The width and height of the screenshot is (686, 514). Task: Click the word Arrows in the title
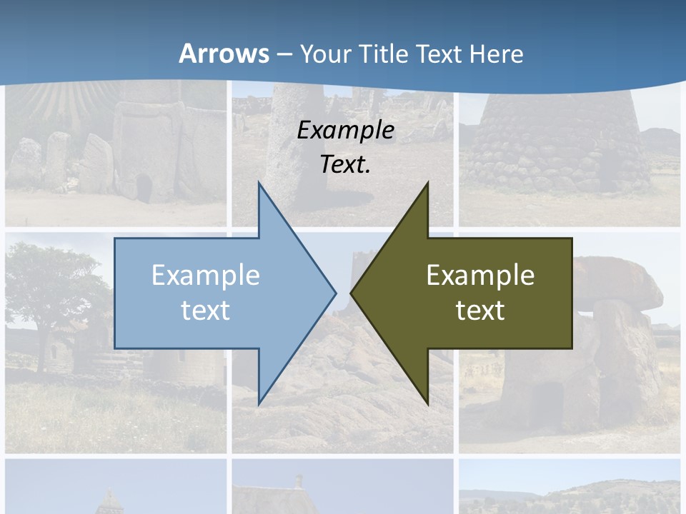(x=224, y=54)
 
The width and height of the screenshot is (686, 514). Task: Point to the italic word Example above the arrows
(x=345, y=130)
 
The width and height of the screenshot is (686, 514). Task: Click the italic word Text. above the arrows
(x=345, y=164)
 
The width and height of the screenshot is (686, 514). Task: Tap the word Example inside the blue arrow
(x=206, y=275)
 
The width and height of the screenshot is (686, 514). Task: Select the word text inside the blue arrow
(x=206, y=310)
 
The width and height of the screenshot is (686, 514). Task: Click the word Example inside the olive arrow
(x=480, y=275)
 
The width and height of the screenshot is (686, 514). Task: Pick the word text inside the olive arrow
(x=480, y=310)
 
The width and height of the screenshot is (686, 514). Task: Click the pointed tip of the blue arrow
(x=334, y=292)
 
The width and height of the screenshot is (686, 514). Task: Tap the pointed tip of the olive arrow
(x=352, y=292)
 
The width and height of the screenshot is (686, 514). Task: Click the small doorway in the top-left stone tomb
(x=144, y=188)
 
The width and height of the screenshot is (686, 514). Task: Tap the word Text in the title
(x=439, y=54)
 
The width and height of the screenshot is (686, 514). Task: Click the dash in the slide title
(x=284, y=54)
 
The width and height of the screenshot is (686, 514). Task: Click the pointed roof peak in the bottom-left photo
(x=109, y=495)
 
